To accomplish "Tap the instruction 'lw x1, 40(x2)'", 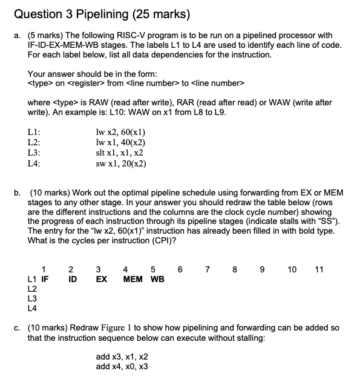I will coord(121,143).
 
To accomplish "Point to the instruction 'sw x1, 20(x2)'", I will coord(121,163).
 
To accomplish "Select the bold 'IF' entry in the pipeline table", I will coord(45,280).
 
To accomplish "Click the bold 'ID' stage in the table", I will coord(71,280).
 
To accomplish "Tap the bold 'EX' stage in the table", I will coord(101,280).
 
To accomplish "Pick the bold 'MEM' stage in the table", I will coord(133,280).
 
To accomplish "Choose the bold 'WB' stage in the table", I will coord(157,280).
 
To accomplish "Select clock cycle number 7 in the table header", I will coord(209,269).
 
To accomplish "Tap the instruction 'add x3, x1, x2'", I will coord(122,357).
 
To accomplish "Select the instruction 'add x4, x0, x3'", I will coord(122,366).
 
